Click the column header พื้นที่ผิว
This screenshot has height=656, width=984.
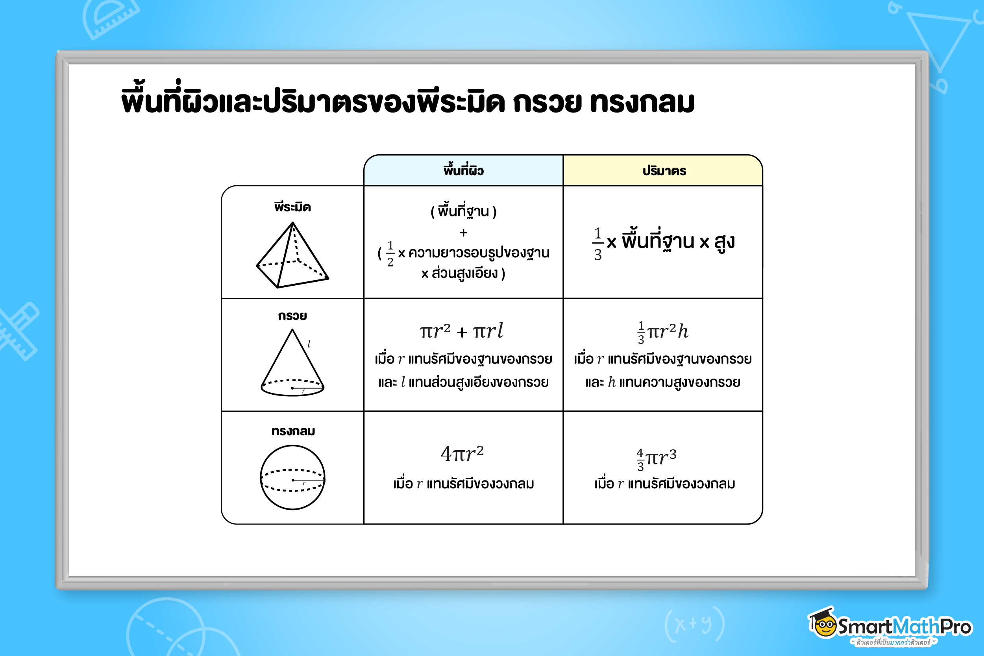coord(464,170)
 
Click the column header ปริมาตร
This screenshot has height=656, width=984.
coord(664,171)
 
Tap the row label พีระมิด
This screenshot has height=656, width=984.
coord(292,207)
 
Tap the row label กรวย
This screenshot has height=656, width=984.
coord(292,316)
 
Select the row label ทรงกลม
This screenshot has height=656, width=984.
coord(293,431)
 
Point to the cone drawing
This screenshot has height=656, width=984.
coord(292,362)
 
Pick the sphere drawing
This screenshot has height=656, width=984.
coord(292,477)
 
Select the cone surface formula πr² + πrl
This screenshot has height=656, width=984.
coord(461,331)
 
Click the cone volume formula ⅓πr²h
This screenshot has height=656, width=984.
coord(663,332)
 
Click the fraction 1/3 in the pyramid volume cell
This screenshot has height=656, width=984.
coord(598,244)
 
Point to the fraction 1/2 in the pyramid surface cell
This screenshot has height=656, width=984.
coord(390,253)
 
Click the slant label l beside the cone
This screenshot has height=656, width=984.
coord(309,344)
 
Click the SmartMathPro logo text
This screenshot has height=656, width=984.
coord(904,626)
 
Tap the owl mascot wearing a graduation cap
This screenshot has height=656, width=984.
coord(823,623)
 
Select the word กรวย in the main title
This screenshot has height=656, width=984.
coord(547,102)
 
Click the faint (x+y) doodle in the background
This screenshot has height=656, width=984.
coord(694,625)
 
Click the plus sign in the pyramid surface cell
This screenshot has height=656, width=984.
coord(463,233)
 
